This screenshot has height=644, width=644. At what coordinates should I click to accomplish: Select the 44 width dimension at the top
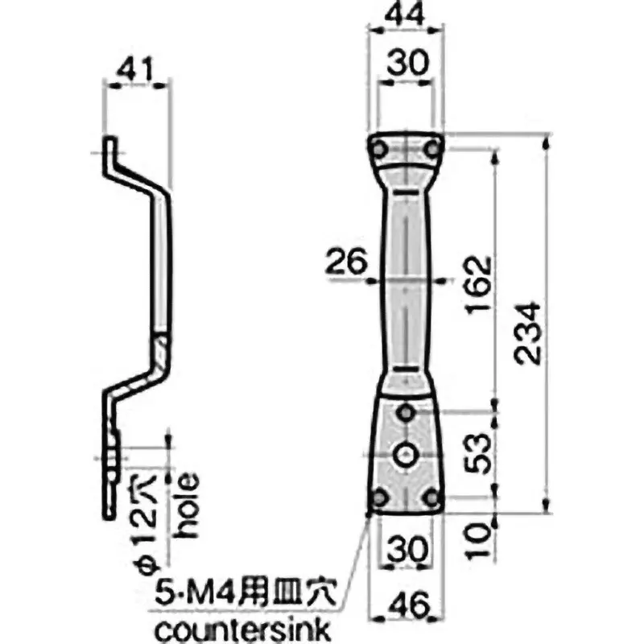point(406,14)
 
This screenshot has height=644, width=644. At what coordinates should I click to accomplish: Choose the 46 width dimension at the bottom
point(406,604)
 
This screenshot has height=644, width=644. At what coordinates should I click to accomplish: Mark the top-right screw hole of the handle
point(433,148)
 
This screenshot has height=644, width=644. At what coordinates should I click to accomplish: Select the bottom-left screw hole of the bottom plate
point(378,497)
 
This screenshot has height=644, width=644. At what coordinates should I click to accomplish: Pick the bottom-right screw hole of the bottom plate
point(433,497)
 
